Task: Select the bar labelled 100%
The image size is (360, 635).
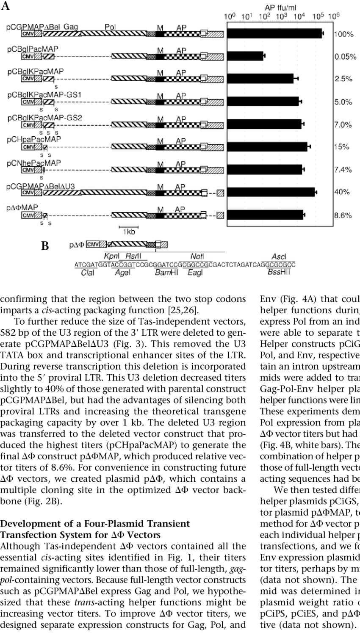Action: click(x=275, y=33)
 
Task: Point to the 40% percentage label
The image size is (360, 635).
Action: click(x=342, y=192)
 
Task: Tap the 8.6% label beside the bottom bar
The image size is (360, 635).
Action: click(x=343, y=215)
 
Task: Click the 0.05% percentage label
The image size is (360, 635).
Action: click(x=345, y=57)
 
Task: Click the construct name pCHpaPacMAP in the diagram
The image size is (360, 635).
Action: click(x=34, y=139)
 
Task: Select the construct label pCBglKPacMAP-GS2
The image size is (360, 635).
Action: click(x=44, y=117)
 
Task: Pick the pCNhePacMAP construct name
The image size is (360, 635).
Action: click(x=33, y=163)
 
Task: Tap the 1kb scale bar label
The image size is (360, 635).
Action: click(x=129, y=232)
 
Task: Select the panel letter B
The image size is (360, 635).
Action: click(x=45, y=246)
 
